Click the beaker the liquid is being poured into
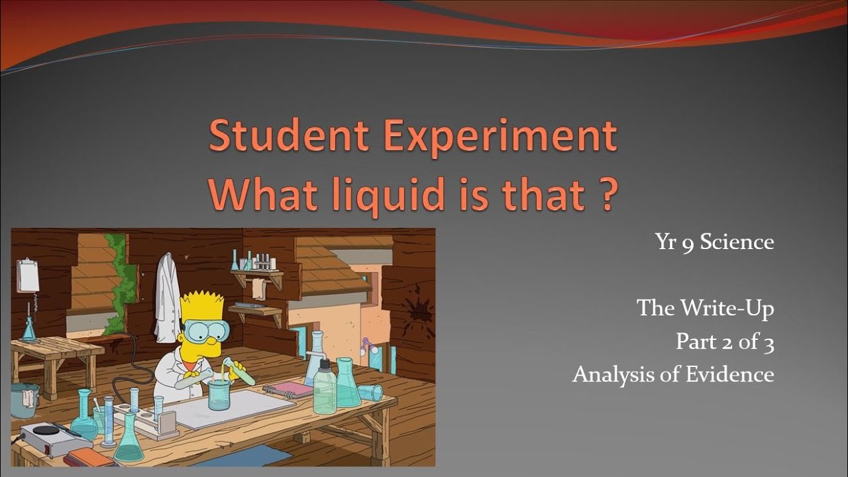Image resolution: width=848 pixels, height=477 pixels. click(x=219, y=394)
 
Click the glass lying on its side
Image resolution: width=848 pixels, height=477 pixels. click(x=370, y=392)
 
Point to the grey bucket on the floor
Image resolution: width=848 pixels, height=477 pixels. click(x=24, y=401)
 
